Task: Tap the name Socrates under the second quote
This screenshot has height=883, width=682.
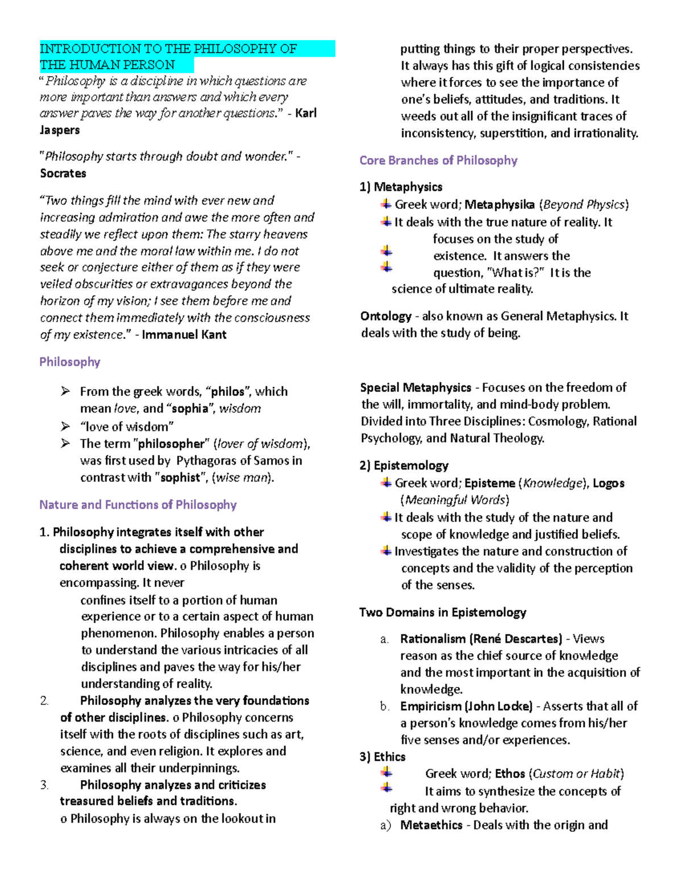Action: (63, 173)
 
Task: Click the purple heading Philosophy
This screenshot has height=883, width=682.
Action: (69, 362)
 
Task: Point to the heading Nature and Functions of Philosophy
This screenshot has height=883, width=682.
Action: (138, 505)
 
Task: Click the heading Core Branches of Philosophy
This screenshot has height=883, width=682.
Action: (438, 161)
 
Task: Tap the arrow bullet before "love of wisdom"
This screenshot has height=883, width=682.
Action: (65, 426)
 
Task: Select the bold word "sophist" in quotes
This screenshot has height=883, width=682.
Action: (180, 478)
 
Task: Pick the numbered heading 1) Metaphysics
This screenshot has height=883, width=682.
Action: (401, 187)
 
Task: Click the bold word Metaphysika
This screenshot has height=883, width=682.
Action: (499, 205)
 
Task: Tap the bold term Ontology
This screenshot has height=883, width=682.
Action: (386, 316)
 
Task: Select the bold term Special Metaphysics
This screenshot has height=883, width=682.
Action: (415, 388)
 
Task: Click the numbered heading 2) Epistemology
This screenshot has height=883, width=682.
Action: (404, 466)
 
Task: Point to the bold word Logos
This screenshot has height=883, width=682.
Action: (608, 483)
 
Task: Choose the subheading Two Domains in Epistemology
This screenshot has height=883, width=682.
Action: (442, 612)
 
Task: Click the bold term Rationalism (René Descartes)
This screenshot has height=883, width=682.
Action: (481, 639)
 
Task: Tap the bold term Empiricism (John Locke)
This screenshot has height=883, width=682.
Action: (466, 706)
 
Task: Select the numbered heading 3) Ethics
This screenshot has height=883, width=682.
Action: (382, 757)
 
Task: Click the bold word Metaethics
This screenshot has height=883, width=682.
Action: (431, 825)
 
